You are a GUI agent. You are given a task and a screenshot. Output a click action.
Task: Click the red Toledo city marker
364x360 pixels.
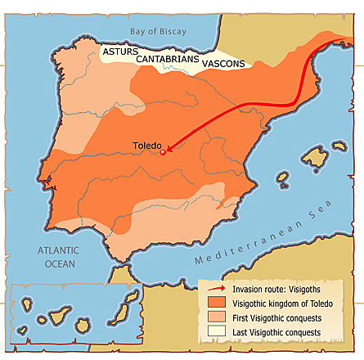(163, 151)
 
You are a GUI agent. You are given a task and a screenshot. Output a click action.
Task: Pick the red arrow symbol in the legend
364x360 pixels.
(218, 289)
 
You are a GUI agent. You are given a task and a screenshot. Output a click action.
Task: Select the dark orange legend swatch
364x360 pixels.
(218, 304)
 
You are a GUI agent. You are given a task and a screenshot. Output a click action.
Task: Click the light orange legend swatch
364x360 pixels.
(218, 318)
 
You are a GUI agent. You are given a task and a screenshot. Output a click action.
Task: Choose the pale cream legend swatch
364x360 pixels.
(218, 333)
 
